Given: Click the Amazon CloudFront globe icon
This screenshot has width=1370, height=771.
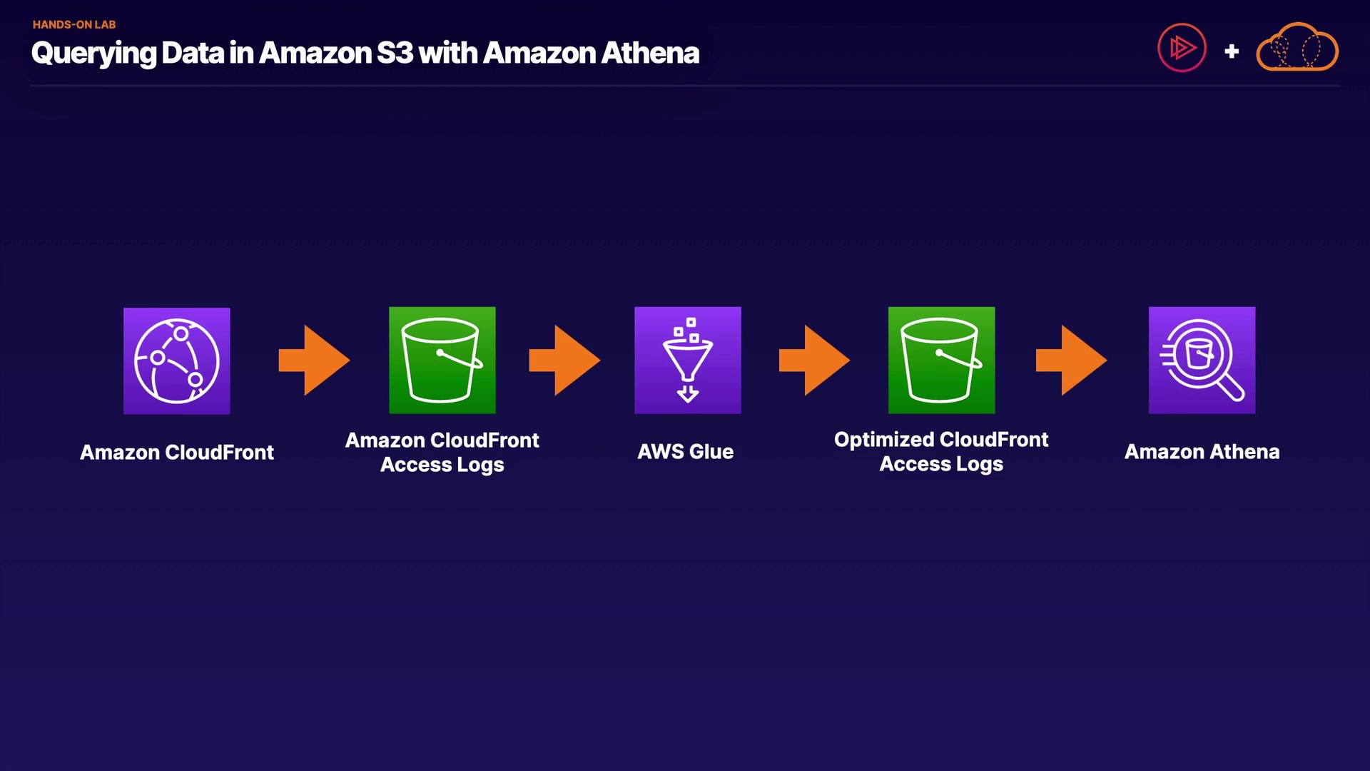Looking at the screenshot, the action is (177, 361).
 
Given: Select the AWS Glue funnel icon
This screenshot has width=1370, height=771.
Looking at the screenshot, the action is (688, 361).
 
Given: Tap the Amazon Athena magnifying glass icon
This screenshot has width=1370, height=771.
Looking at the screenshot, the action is (1202, 361).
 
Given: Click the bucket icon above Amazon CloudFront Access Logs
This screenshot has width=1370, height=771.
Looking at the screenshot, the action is (442, 361).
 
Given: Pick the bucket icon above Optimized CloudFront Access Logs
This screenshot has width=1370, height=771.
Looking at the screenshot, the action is (941, 361).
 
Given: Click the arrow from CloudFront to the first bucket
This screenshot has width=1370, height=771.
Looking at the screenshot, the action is (315, 361).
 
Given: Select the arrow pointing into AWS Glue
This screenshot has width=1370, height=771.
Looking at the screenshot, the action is (564, 361).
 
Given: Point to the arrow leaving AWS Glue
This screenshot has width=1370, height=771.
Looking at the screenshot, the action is (814, 361).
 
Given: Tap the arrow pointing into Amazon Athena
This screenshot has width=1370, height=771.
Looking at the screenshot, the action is (1071, 361).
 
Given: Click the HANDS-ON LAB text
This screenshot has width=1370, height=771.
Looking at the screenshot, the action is (74, 24).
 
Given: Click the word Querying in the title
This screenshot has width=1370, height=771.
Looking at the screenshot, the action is (93, 54).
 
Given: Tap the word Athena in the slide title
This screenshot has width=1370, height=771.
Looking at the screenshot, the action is (650, 53).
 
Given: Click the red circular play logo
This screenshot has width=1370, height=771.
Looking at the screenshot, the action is (1182, 48).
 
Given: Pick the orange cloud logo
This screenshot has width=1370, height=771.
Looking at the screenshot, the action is (1297, 48).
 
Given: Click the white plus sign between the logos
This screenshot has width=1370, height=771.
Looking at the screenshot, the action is (1232, 51).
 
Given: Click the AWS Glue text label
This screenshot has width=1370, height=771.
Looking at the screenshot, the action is (686, 452).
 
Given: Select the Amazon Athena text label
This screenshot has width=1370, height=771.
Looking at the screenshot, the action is (1202, 452).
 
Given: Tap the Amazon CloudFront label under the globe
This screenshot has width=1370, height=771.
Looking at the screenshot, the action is (177, 453).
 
